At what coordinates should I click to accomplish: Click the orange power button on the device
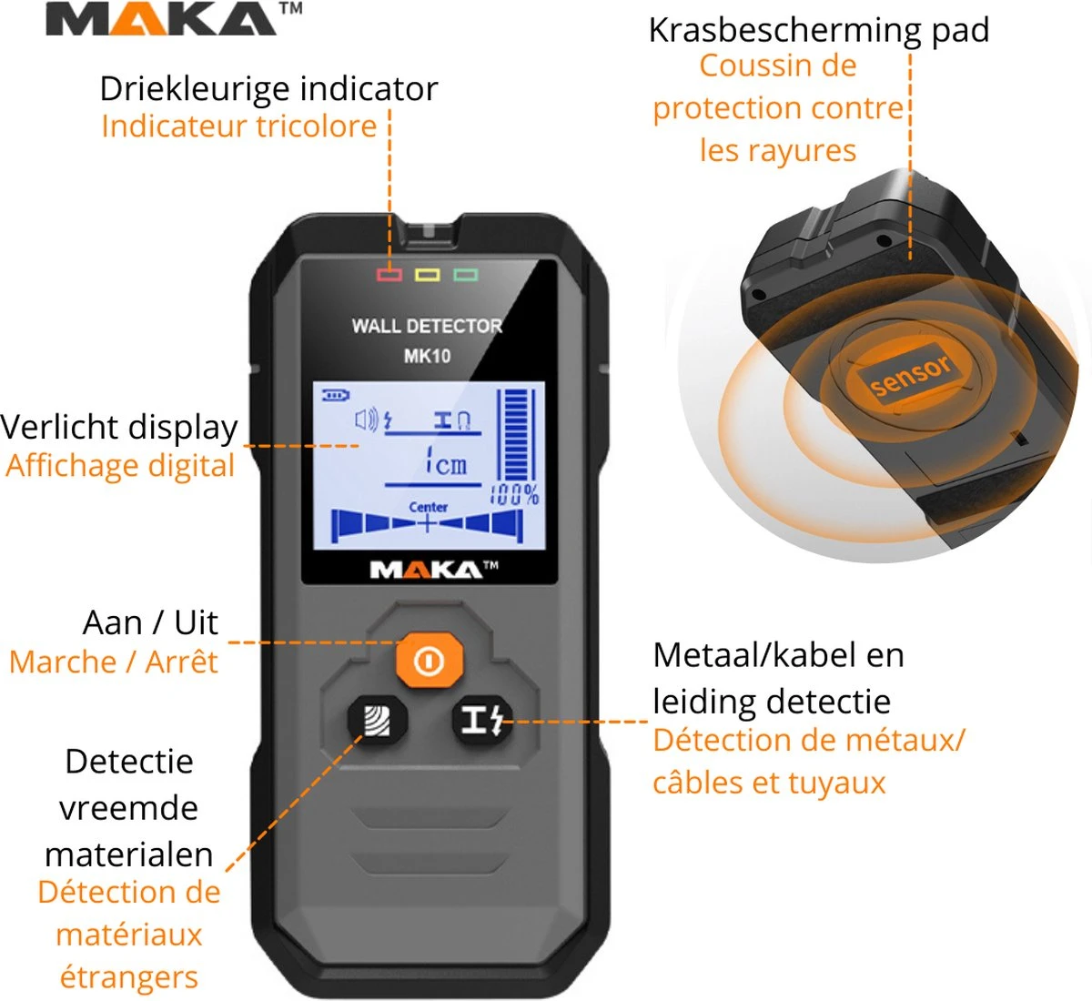click(x=429, y=660)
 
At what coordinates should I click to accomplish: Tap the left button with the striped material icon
click(x=378, y=723)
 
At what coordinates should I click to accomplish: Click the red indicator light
click(x=389, y=275)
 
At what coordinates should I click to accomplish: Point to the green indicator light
click(x=466, y=275)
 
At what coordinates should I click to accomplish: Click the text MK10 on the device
click(x=427, y=356)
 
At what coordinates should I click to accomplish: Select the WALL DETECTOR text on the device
click(x=427, y=326)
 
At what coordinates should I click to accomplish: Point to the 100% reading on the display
click(x=516, y=495)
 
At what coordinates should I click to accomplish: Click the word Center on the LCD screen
click(x=428, y=508)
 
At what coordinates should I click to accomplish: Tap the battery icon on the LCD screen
click(x=336, y=395)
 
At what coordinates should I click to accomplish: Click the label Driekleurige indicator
click(x=268, y=89)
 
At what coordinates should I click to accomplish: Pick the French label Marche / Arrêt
click(x=114, y=662)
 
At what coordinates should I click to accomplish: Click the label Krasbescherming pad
click(x=818, y=30)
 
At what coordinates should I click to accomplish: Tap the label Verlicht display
click(x=119, y=427)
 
